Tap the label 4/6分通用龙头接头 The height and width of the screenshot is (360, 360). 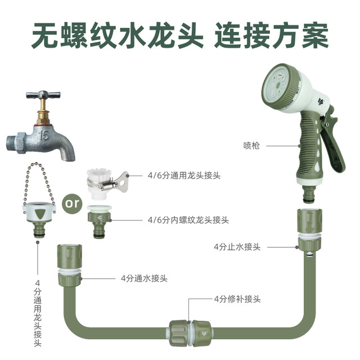[x=184, y=175]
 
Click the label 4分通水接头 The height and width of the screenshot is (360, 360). [x=144, y=278]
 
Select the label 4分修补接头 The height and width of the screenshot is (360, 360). [x=237, y=299]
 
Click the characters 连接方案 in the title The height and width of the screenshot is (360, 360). [x=271, y=35]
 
